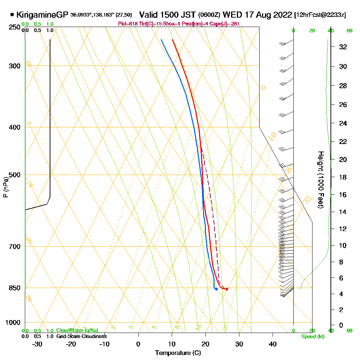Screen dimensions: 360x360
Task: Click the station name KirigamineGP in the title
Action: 42,15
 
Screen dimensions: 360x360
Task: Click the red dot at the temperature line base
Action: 226,289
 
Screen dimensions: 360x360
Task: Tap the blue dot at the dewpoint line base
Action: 216,289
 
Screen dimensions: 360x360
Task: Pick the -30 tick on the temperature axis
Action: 37,344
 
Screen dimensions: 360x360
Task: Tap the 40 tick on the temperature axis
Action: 273,344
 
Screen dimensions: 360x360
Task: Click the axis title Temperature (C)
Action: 178,353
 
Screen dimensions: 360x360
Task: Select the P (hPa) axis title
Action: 5,187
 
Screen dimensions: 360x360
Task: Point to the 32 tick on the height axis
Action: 343,47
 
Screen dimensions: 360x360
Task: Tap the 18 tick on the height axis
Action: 343,177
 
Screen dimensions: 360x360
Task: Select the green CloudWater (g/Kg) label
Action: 77,330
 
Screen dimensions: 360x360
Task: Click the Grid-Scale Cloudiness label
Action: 81,336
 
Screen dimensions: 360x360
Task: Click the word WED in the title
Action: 231,15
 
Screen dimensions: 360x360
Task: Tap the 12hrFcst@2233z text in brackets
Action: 320,15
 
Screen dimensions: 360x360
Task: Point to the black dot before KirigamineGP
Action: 12,15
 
